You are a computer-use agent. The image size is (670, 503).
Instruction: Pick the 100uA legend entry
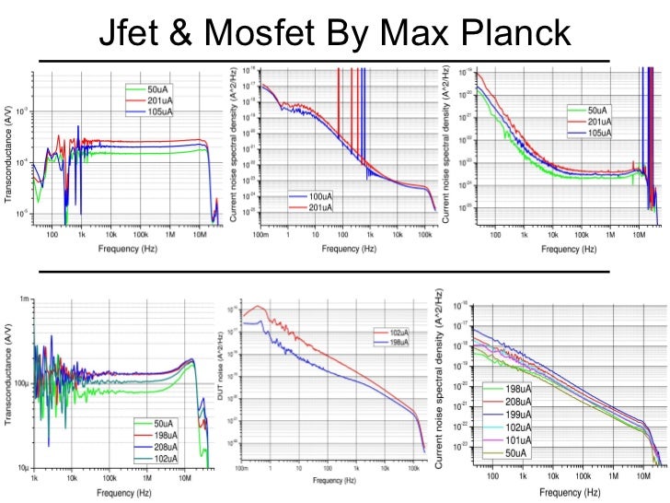[318, 197]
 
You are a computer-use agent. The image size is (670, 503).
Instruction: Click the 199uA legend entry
[522, 415]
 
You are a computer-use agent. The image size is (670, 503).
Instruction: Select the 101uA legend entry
[522, 440]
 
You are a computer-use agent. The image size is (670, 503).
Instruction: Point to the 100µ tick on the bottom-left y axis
[21, 383]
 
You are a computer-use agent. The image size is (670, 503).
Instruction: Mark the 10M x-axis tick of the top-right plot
[635, 236]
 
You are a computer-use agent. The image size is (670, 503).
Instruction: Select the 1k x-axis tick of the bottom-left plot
[35, 479]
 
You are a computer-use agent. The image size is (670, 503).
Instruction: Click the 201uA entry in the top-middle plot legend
[318, 207]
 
